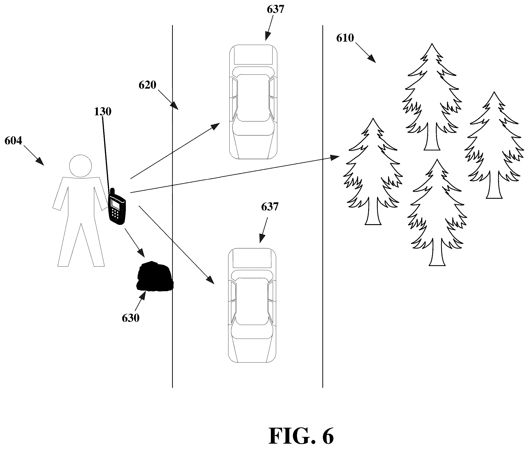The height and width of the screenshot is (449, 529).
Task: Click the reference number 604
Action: point(13,141)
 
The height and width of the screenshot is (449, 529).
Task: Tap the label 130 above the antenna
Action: point(103,112)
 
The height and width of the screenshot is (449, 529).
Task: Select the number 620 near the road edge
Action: point(147,85)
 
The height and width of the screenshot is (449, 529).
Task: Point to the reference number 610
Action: point(345,38)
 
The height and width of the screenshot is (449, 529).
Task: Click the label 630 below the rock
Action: point(130,318)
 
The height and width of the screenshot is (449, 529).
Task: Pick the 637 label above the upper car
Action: point(275,9)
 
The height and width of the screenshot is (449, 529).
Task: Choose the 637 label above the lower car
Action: point(270,207)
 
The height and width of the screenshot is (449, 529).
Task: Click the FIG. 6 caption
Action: point(301,436)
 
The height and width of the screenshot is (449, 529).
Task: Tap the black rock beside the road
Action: point(155,277)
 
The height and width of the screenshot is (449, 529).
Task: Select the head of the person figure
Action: point(80,166)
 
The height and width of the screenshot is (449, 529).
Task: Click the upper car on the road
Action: point(253,102)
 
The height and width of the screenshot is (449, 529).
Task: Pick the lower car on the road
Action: point(252,305)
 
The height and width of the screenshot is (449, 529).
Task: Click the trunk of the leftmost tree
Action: point(373,211)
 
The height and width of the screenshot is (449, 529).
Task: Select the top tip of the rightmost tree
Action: point(494,92)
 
